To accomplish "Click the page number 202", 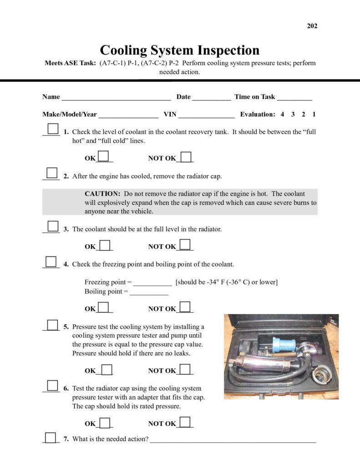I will (x=312, y=26).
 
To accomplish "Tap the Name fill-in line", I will (x=116, y=97).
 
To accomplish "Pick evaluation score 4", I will (x=282, y=115).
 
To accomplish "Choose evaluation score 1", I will (x=314, y=115).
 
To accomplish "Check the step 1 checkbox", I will (x=53, y=129).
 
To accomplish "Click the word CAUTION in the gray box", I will (x=102, y=194).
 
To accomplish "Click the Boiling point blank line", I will (x=149, y=292).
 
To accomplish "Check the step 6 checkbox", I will (x=53, y=386).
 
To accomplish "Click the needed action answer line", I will (x=233, y=440).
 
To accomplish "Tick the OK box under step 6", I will (x=105, y=422).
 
